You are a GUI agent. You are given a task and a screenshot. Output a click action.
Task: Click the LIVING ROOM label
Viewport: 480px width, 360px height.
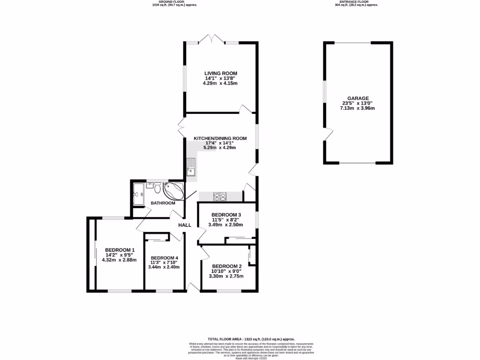pos(220,73)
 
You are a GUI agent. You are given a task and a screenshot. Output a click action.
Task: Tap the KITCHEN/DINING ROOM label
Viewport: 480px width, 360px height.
pos(220,138)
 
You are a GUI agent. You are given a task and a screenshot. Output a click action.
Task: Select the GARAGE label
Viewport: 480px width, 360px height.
pos(358,98)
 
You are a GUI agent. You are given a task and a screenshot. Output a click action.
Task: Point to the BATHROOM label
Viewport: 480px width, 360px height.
pos(163,203)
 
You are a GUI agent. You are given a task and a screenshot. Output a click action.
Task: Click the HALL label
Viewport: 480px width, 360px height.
pos(185,225)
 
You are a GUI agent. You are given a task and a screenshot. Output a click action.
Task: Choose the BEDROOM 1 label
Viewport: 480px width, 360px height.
pos(120,250)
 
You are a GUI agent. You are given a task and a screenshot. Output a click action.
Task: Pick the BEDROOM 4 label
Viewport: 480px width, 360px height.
pos(164,258)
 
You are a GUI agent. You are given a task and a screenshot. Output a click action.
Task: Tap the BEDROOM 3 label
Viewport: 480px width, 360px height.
pos(226,215)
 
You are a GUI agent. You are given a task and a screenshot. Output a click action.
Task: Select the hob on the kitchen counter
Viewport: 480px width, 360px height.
pos(220,196)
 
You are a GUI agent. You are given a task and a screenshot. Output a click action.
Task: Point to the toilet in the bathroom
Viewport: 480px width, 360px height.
pos(157,189)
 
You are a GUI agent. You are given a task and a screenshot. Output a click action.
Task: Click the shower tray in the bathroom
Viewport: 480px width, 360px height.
pos(139,194)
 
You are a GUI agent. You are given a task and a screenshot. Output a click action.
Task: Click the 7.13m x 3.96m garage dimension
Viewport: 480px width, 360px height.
pos(358,108)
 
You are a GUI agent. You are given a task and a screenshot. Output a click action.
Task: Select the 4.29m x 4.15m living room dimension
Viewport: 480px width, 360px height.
pos(220,83)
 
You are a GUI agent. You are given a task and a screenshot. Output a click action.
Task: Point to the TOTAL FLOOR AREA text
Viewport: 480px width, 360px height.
pos(251,338)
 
